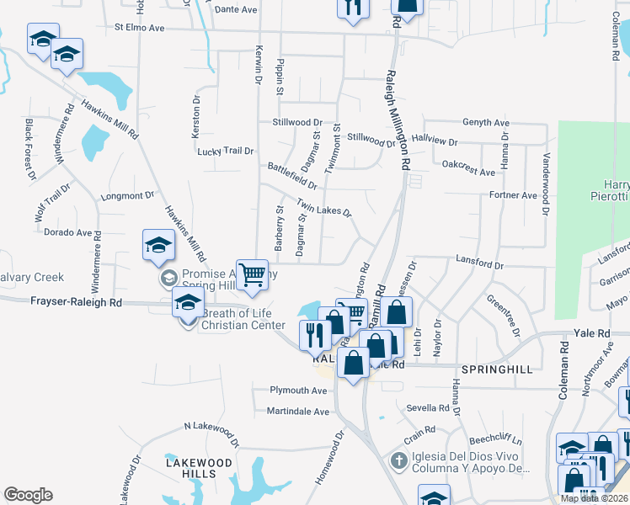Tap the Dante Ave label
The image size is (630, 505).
coord(236,10)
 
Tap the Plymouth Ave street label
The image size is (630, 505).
coord(298,391)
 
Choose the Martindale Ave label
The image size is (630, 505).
coord(298,412)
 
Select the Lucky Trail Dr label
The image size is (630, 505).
coord(225,151)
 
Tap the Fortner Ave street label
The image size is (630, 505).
coord(513,195)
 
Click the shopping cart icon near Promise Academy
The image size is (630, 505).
coord(252,274)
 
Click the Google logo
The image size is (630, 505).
coord(28,495)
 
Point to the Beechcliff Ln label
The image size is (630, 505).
coord(496,441)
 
